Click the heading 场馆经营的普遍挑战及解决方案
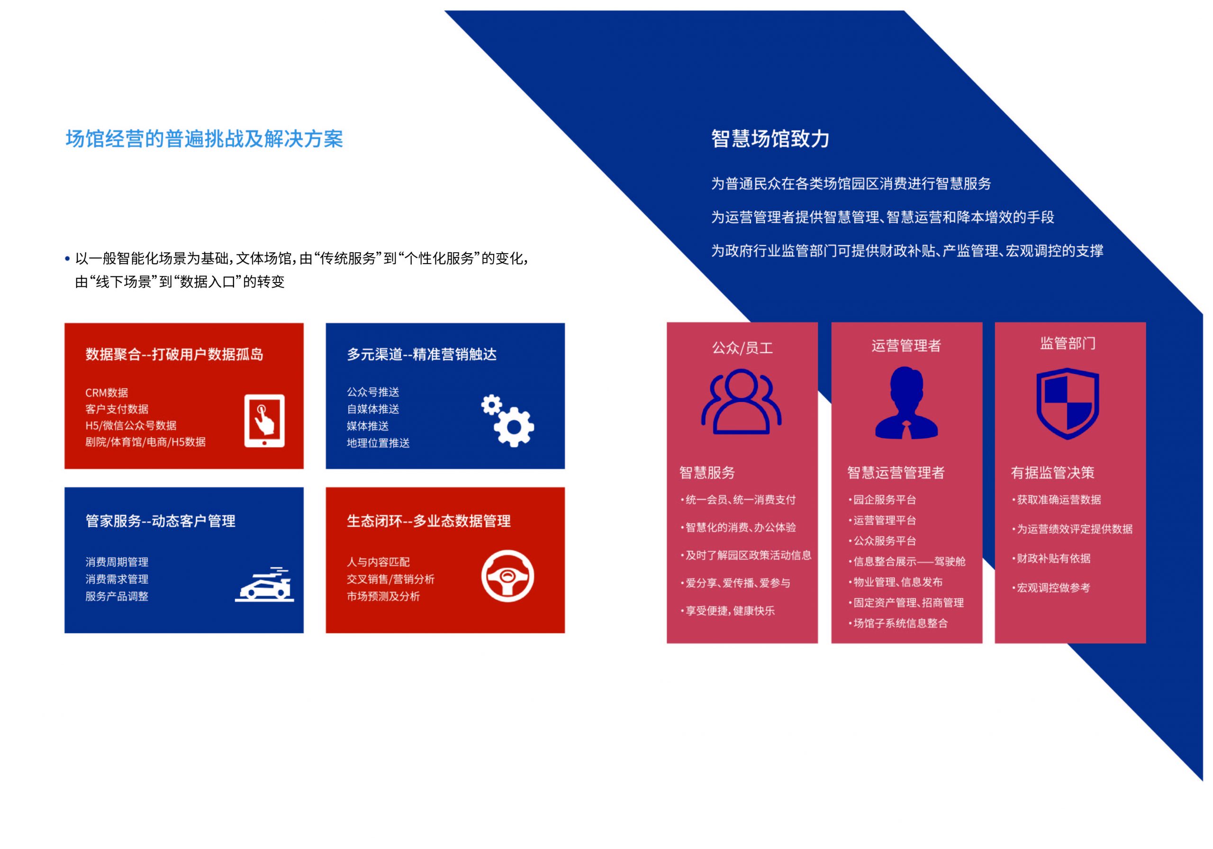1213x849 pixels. click(x=204, y=139)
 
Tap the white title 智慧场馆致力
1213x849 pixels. click(x=770, y=138)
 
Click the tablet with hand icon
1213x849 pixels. click(x=264, y=421)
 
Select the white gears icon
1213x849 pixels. click(x=507, y=421)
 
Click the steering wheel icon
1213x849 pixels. click(x=507, y=576)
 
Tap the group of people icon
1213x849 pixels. click(x=741, y=402)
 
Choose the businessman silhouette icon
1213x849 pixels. click(x=906, y=403)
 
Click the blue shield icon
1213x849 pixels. click(x=1068, y=403)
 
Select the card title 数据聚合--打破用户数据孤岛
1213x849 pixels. click(x=174, y=354)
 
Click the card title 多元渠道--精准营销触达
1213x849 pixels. click(x=422, y=354)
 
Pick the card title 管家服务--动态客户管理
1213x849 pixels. click(x=161, y=521)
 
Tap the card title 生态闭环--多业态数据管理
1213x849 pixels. click(x=428, y=521)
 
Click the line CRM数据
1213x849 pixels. click(x=107, y=393)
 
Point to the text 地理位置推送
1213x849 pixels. click(x=378, y=443)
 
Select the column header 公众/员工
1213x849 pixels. click(x=742, y=348)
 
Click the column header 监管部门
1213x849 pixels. click(x=1068, y=344)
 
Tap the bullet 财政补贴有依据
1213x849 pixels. click(x=1051, y=558)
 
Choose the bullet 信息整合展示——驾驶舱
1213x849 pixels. click(x=907, y=561)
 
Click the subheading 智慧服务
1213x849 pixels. click(x=707, y=473)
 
